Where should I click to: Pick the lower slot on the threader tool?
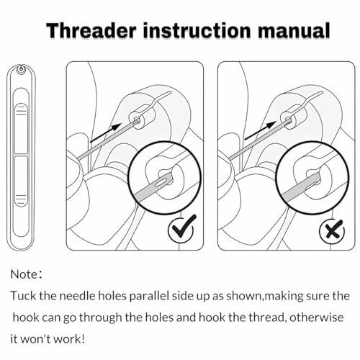(x=22, y=194)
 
